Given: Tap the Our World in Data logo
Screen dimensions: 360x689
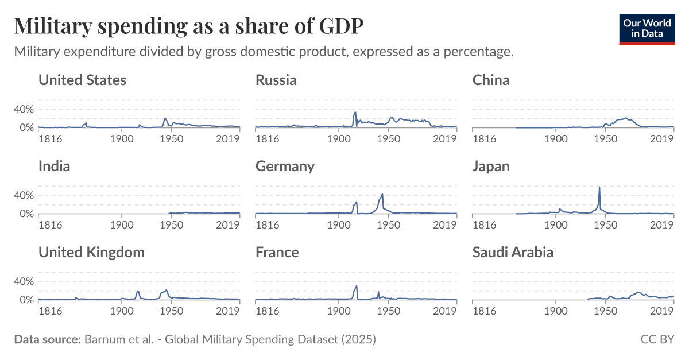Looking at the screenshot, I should [x=647, y=29].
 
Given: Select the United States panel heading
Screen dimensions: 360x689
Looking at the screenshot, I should [x=82, y=80].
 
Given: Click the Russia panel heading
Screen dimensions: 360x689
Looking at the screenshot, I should [x=276, y=80].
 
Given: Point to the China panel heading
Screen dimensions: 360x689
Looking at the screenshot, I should [x=491, y=80].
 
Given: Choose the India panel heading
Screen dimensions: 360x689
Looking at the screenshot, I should [x=54, y=166].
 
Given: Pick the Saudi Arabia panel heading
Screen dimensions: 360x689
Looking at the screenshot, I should [x=513, y=252].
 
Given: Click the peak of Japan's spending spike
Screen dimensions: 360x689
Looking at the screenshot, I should [x=599, y=187].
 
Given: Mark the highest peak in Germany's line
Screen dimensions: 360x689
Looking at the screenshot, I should [x=382, y=193].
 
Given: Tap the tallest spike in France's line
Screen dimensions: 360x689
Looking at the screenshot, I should [x=357, y=285].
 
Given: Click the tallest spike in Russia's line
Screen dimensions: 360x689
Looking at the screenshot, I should [x=355, y=113].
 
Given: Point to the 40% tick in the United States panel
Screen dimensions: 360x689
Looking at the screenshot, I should [x=25, y=109].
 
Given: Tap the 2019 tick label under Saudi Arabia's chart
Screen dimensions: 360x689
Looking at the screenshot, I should [x=661, y=311].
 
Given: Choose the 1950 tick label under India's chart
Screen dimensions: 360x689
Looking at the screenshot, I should [x=171, y=224].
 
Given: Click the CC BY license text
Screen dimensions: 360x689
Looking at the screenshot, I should [x=657, y=339].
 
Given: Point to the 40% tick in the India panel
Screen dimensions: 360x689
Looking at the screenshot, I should [x=25, y=195].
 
